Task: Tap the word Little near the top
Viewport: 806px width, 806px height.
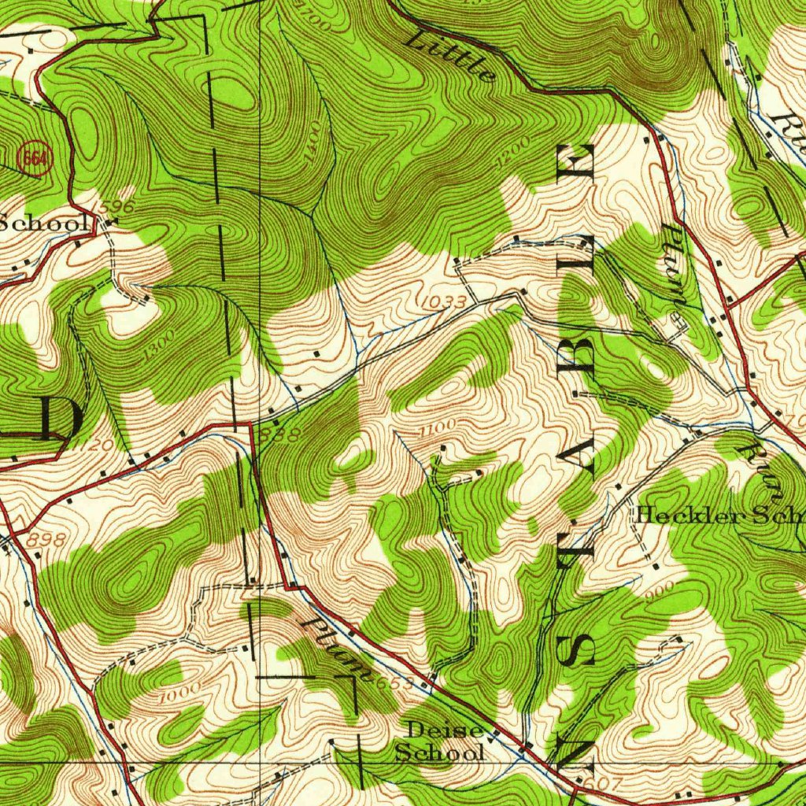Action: point(451,57)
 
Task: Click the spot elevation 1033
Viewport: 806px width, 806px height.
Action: point(446,301)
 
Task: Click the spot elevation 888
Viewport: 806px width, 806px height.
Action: point(283,434)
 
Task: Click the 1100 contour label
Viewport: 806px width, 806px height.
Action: point(438,428)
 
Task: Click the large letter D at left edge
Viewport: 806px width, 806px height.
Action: point(57,419)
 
